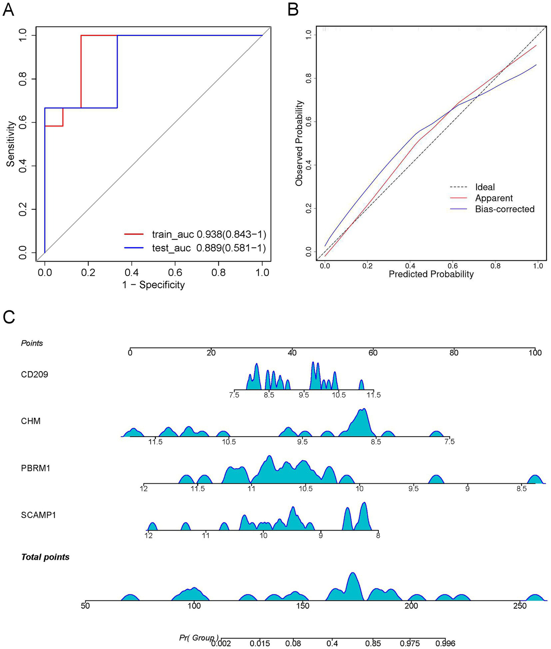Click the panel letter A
(8, 10)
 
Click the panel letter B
(293, 10)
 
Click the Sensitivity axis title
(11, 144)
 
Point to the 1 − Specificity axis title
(154, 285)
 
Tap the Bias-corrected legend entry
(504, 209)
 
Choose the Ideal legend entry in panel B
(485, 187)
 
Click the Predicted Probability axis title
(431, 274)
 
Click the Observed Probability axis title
(299, 143)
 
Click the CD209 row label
(34, 375)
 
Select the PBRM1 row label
(36, 468)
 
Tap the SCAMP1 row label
(38, 515)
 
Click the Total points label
(45, 557)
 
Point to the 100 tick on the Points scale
(535, 353)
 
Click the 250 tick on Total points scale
(520, 606)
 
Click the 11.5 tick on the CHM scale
(155, 442)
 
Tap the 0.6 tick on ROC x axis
(175, 273)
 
